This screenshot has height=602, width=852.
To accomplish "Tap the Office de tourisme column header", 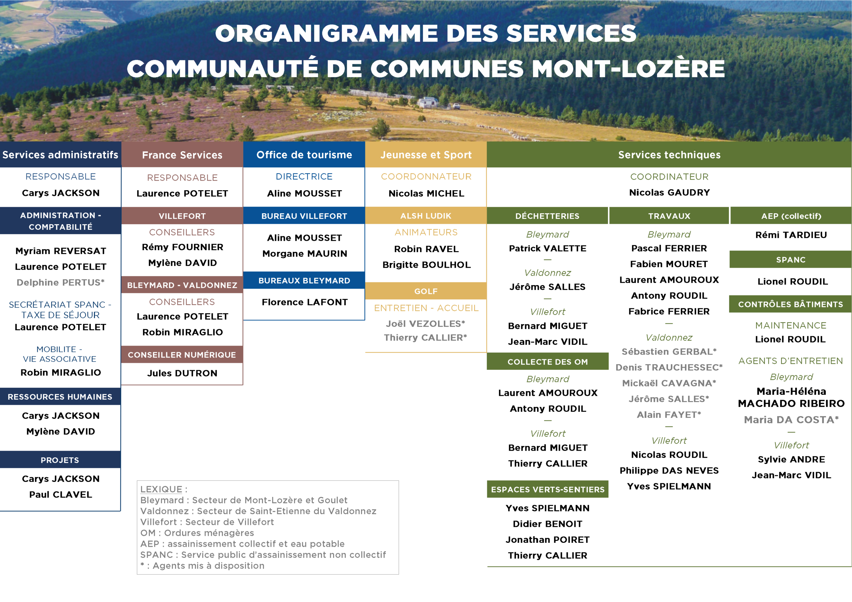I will (304, 155).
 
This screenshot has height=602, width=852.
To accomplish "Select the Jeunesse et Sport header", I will (426, 155).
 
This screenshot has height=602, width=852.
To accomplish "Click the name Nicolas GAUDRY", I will (669, 193).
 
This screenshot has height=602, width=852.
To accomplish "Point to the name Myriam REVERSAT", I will (61, 251).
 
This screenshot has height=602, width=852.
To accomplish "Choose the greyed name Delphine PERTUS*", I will (61, 283).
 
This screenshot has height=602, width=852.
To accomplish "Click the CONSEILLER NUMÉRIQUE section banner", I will (182, 355).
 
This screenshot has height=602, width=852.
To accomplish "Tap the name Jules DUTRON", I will (182, 373).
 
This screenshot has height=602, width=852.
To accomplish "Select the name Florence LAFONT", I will (305, 302).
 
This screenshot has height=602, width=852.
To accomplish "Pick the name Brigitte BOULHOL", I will (426, 265).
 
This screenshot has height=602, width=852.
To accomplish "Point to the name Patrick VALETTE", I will (547, 248).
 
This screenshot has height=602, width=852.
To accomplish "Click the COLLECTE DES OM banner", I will (547, 362).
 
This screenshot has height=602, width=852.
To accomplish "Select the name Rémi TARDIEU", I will (791, 235).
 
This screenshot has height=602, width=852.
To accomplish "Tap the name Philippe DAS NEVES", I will (669, 471).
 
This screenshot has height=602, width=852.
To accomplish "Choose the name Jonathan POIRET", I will (547, 540).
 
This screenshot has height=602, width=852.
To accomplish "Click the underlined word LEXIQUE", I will (161, 489).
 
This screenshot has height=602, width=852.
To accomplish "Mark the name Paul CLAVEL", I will (61, 495).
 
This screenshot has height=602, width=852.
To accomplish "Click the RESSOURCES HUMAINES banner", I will (60, 397).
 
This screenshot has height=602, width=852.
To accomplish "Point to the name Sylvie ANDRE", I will (791, 460).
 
